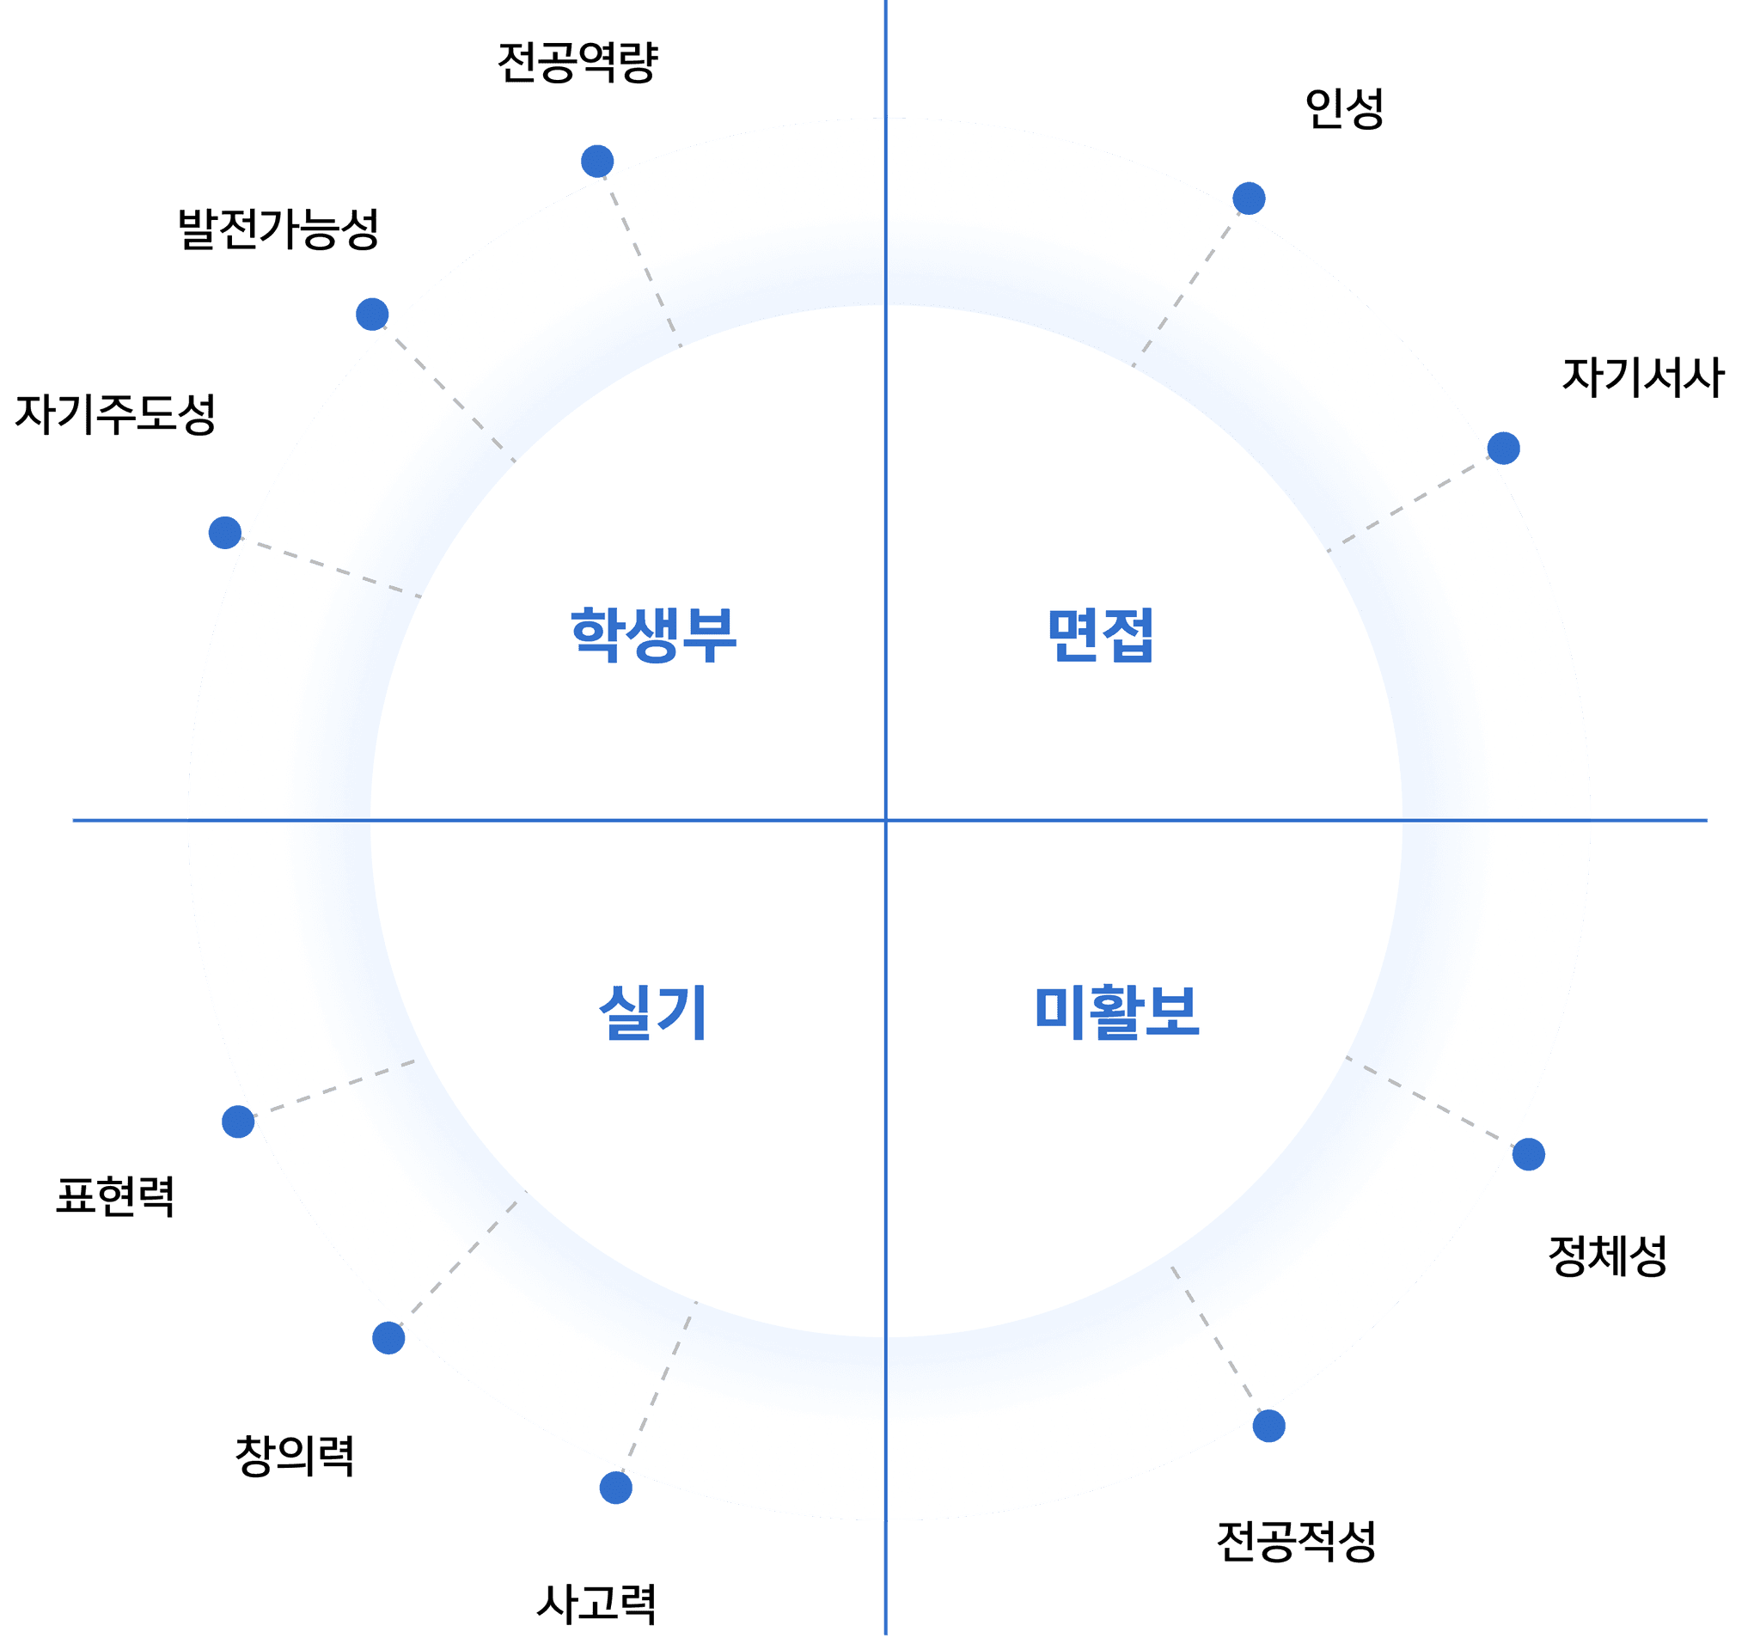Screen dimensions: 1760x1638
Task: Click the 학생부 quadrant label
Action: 653,635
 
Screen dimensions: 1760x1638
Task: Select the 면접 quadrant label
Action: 1101,635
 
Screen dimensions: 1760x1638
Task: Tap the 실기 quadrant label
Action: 653,1012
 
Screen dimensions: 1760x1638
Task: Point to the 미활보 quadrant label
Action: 1116,1012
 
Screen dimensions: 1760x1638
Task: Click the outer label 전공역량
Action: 577,62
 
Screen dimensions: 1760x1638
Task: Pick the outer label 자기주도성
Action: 116,413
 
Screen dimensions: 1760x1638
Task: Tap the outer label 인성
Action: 1344,109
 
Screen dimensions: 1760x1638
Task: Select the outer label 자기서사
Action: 1642,376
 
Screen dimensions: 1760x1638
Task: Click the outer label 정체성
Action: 1607,1256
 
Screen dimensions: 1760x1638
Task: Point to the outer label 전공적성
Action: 1296,1542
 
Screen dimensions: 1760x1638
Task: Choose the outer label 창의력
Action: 295,1457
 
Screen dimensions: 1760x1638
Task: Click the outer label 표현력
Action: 116,1197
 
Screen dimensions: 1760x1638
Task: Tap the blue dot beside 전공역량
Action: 597,162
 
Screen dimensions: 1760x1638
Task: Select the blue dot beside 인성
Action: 1250,199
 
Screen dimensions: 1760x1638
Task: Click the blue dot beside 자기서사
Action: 1503,448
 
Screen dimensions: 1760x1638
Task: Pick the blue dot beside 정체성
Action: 1529,1154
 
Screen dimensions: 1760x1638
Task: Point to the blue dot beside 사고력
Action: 616,1488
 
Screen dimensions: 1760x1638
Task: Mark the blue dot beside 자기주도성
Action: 225,532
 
